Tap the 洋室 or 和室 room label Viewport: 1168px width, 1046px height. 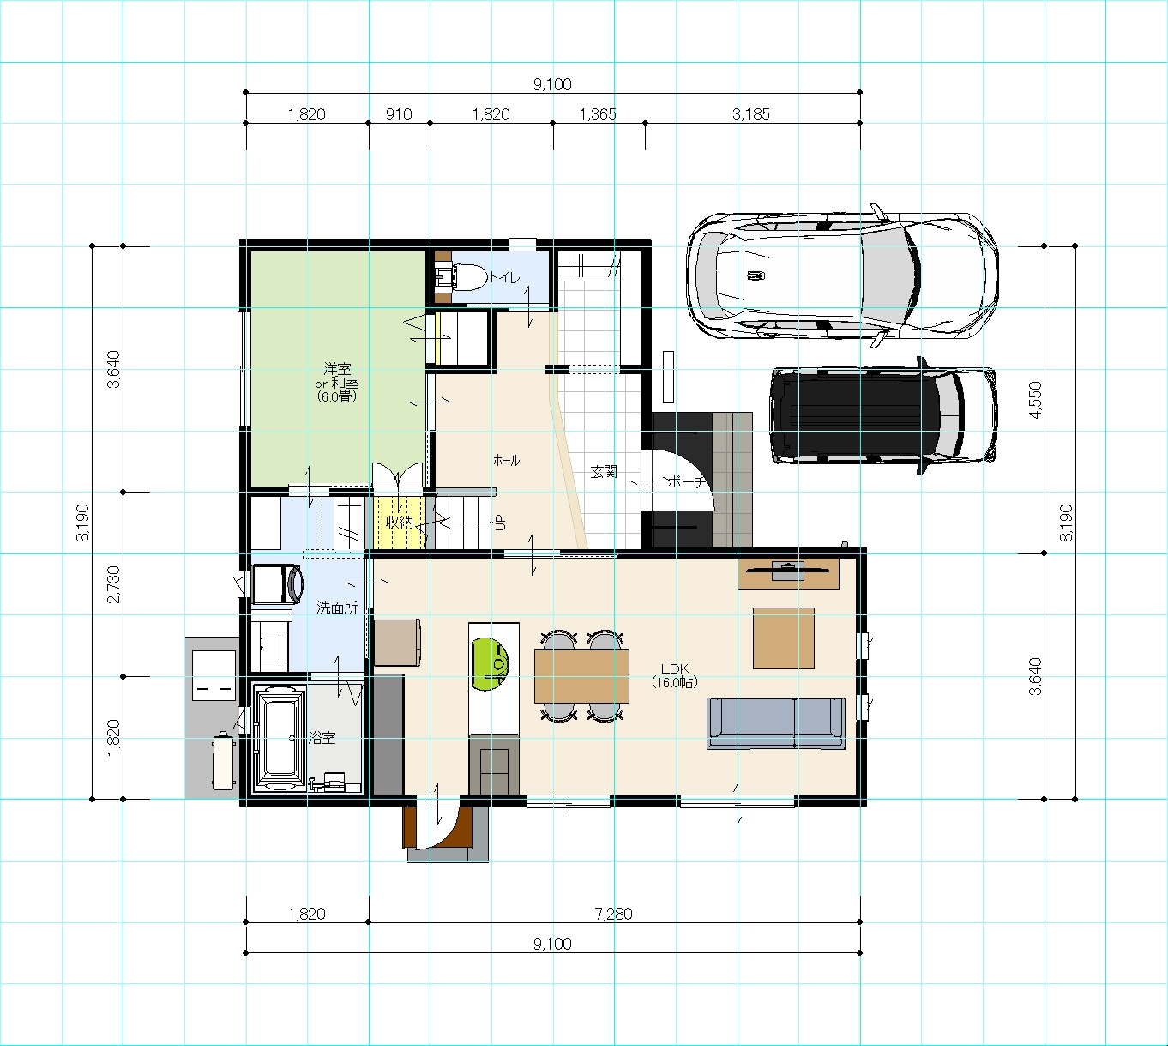click(x=337, y=382)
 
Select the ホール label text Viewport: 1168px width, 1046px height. click(x=507, y=461)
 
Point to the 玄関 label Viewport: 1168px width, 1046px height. click(x=604, y=472)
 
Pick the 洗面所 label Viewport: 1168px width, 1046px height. click(x=337, y=607)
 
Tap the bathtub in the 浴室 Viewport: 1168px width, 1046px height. click(x=280, y=737)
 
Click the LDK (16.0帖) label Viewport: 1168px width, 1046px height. click(x=675, y=675)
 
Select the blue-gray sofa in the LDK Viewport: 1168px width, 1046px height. click(x=776, y=723)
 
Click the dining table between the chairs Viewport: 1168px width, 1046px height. click(x=581, y=675)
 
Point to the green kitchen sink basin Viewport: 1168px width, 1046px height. click(x=490, y=664)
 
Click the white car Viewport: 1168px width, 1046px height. click(x=842, y=275)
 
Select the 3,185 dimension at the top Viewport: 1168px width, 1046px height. click(x=750, y=114)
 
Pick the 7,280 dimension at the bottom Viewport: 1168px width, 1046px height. click(x=613, y=914)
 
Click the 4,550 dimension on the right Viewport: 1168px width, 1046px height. click(x=1035, y=400)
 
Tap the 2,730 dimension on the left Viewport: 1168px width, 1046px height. click(x=114, y=583)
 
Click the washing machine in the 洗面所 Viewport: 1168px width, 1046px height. click(x=278, y=583)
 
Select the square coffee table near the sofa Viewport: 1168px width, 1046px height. click(x=784, y=638)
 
